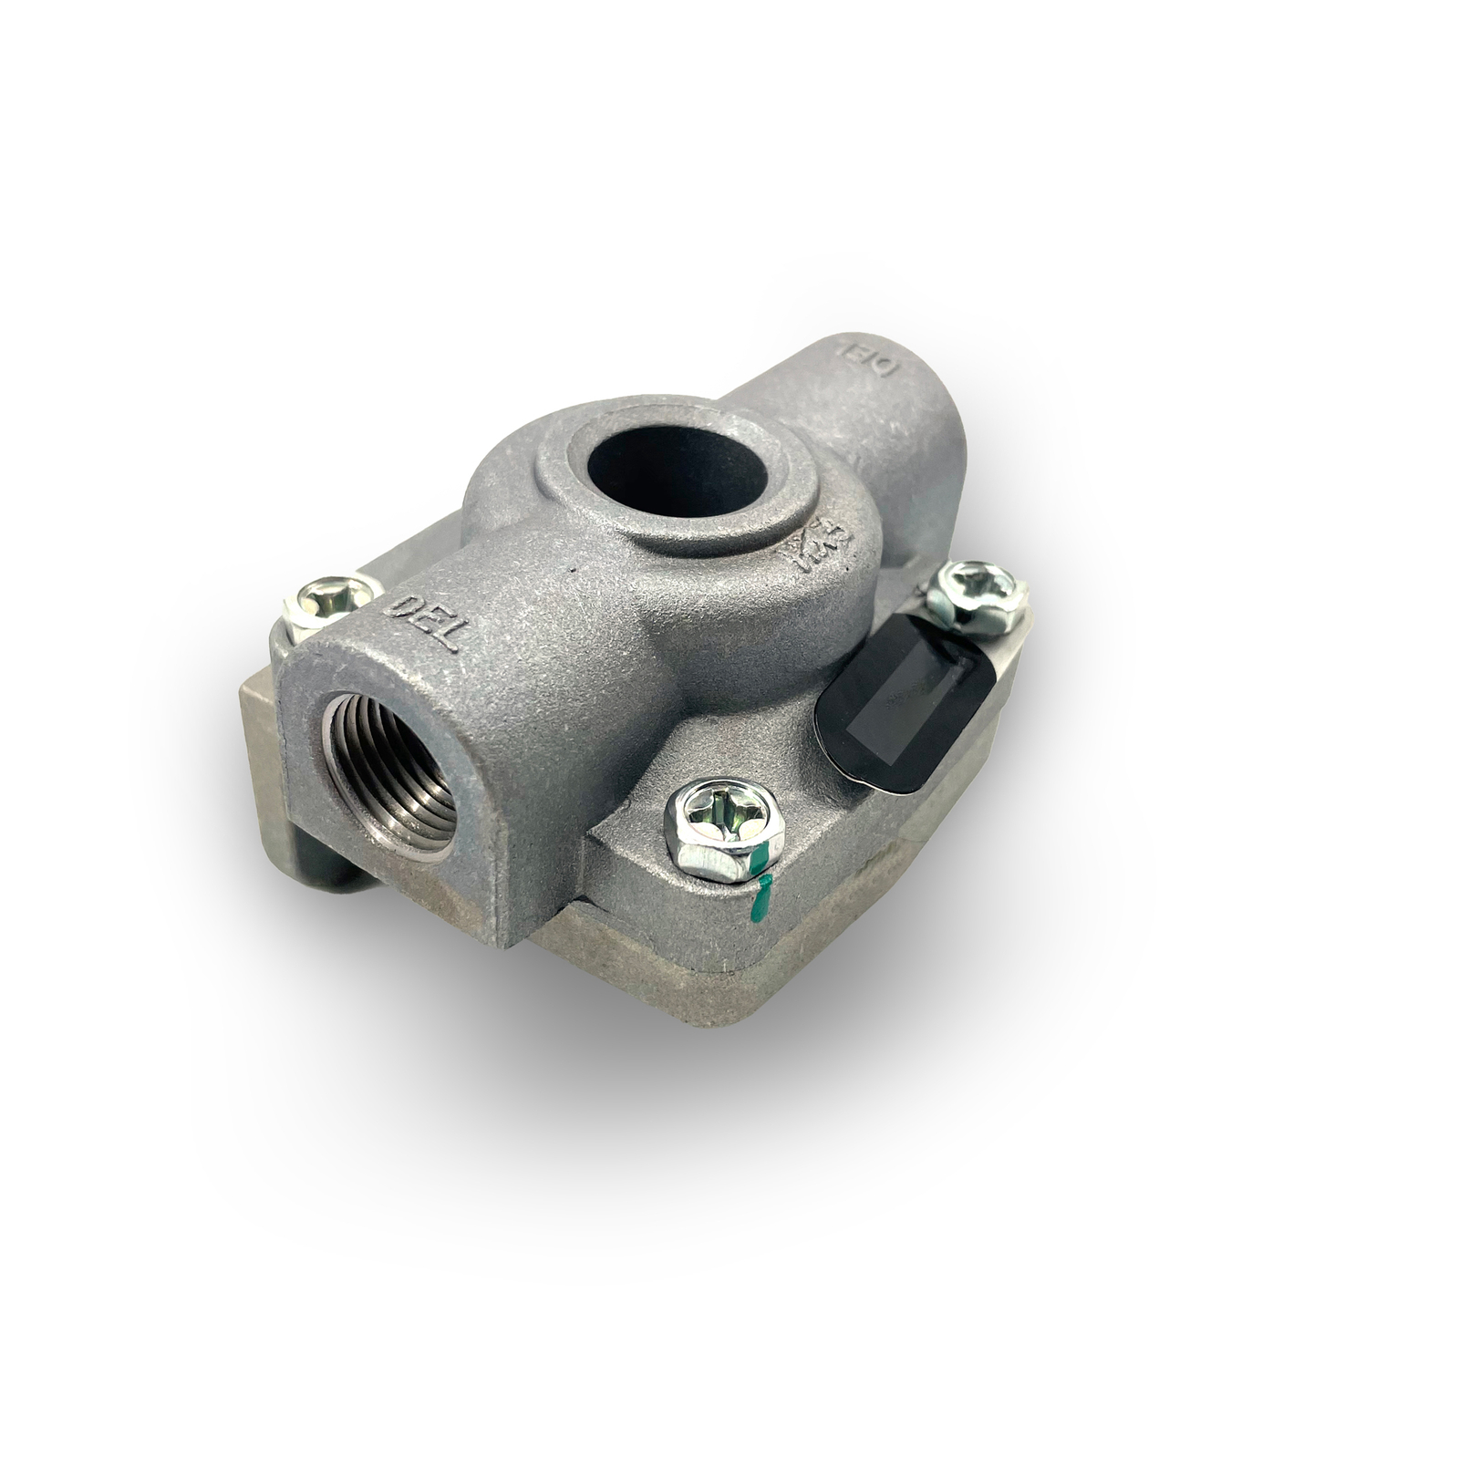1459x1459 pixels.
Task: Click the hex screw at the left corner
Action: [x=331, y=602]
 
